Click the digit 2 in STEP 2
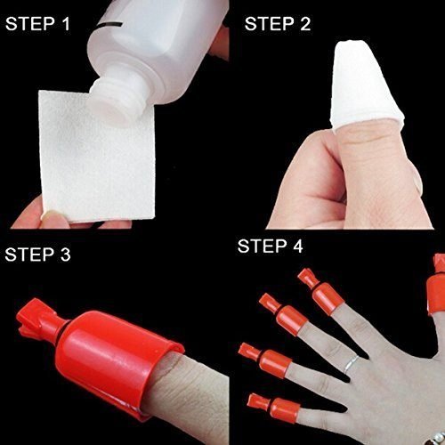coord(304,24)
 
